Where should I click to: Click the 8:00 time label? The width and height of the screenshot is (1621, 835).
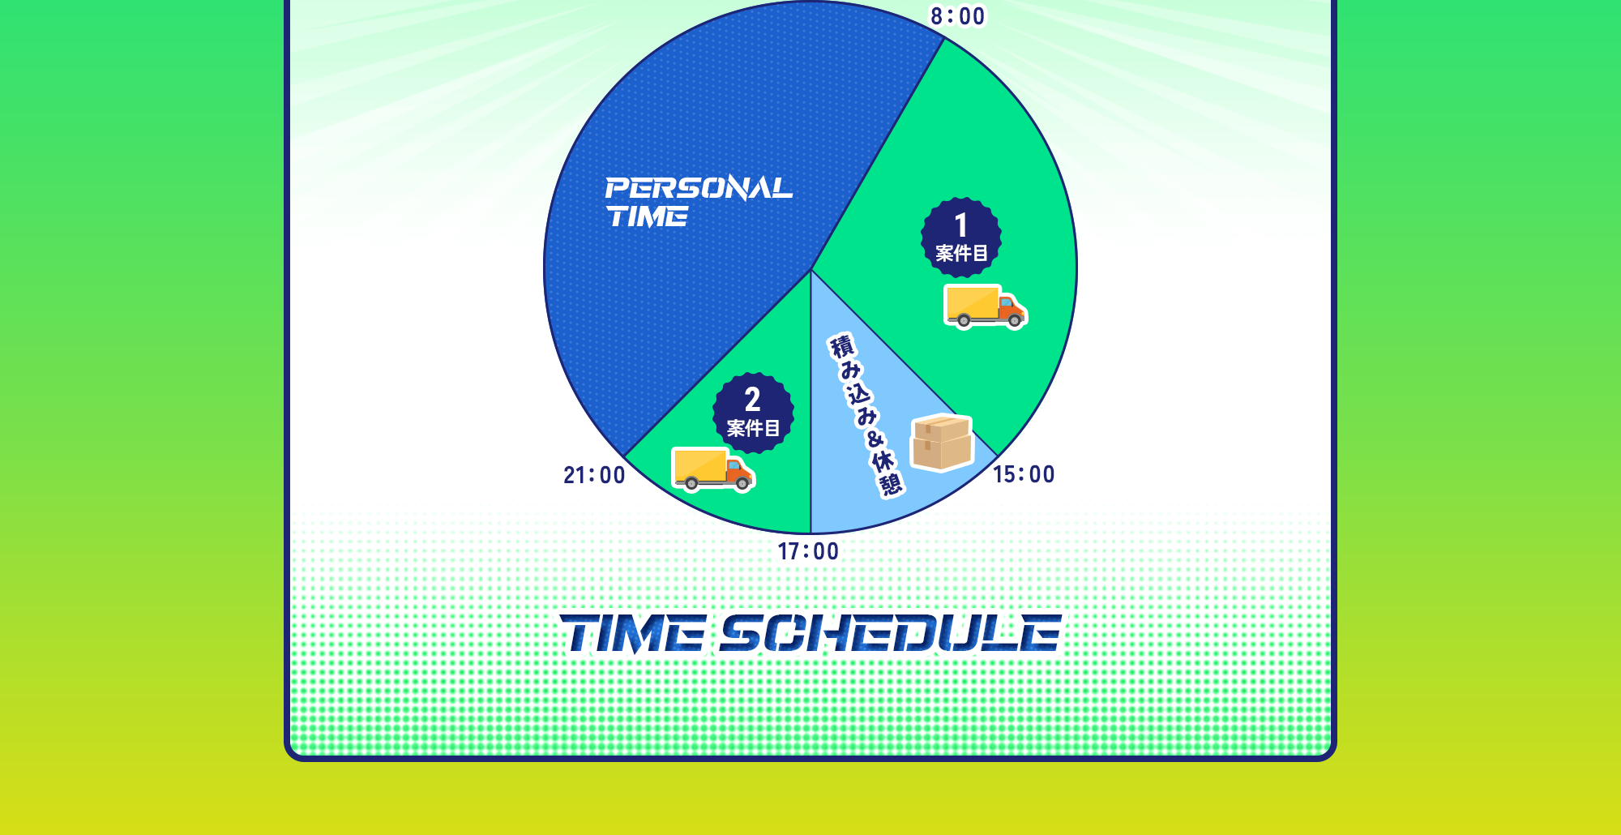pyautogui.click(x=957, y=16)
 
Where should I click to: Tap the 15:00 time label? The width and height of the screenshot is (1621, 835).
pyautogui.click(x=1024, y=474)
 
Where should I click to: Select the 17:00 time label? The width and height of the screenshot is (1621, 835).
pyautogui.click(x=808, y=551)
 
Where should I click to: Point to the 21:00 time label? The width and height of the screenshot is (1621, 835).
pyautogui.click(x=594, y=475)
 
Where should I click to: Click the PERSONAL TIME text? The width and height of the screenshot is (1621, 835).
pyautogui.click(x=699, y=202)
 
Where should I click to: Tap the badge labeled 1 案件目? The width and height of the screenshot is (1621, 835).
pyautogui.click(x=961, y=238)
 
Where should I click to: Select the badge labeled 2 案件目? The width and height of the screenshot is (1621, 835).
pyautogui.click(x=753, y=413)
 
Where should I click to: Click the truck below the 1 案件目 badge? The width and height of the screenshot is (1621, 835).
pyautogui.click(x=986, y=306)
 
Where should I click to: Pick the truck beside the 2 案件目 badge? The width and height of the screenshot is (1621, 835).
pyautogui.click(x=713, y=469)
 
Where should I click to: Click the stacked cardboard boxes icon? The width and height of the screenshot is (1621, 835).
pyautogui.click(x=942, y=443)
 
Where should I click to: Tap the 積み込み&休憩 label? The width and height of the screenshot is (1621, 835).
pyautogui.click(x=866, y=414)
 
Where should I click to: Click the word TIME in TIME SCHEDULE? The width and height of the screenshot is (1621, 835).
pyautogui.click(x=633, y=633)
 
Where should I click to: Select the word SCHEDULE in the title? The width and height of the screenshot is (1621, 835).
pyautogui.click(x=891, y=633)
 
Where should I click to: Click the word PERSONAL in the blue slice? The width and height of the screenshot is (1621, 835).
pyautogui.click(x=699, y=188)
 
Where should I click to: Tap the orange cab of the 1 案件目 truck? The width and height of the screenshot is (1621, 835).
pyautogui.click(x=1010, y=309)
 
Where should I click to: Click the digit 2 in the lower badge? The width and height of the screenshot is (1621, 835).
pyautogui.click(x=753, y=400)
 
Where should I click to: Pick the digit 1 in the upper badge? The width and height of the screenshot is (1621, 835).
pyautogui.click(x=961, y=225)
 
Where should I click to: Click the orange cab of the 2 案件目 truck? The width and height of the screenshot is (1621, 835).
pyautogui.click(x=738, y=472)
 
